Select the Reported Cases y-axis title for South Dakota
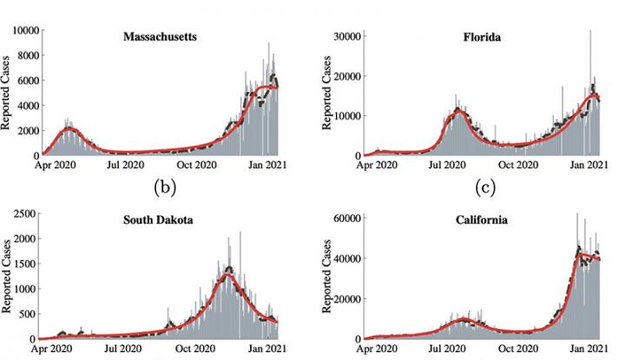(x=7, y=278)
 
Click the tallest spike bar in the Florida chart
(x=590, y=35)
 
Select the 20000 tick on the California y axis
(x=345, y=299)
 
